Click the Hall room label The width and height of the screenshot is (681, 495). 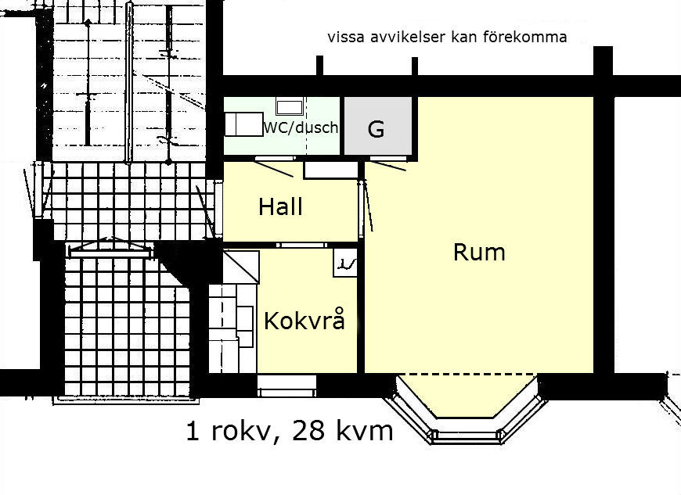pyautogui.click(x=280, y=206)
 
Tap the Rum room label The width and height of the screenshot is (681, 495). pyautogui.click(x=479, y=252)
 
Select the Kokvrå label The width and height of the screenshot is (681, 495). pyautogui.click(x=305, y=320)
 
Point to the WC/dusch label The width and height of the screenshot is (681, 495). pyautogui.click(x=301, y=127)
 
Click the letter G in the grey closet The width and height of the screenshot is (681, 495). pyautogui.click(x=376, y=129)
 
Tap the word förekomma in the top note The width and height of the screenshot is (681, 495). pyautogui.click(x=524, y=37)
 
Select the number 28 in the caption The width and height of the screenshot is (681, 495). pyautogui.click(x=308, y=431)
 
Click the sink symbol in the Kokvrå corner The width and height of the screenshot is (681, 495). pyautogui.click(x=345, y=263)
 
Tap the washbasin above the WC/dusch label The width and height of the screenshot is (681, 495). pyautogui.click(x=290, y=106)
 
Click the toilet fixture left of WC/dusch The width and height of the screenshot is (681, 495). pyautogui.click(x=243, y=124)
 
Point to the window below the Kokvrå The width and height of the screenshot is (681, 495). pyautogui.click(x=286, y=386)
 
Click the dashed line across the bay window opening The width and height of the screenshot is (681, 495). pyautogui.click(x=467, y=374)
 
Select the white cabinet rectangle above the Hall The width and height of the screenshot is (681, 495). pyautogui.click(x=331, y=170)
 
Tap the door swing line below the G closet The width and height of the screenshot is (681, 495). pyautogui.click(x=390, y=166)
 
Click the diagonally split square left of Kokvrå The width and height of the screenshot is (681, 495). pyautogui.click(x=241, y=267)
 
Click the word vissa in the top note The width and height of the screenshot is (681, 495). pyautogui.click(x=346, y=38)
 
